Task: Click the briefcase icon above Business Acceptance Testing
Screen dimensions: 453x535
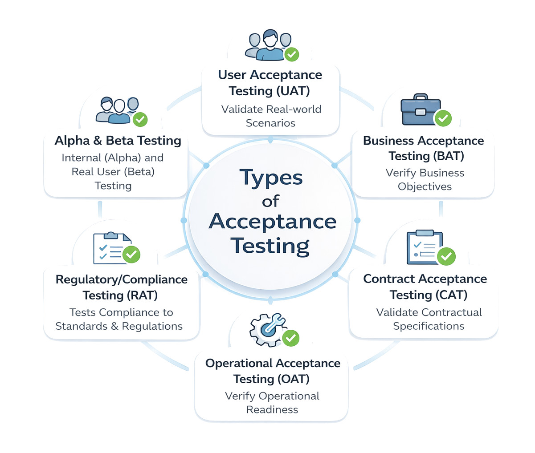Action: click(420, 109)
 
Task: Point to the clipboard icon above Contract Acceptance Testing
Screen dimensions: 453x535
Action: click(425, 247)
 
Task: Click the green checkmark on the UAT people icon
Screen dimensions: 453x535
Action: click(292, 54)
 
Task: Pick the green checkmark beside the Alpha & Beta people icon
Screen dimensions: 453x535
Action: click(140, 119)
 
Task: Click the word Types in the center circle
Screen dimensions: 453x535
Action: click(271, 177)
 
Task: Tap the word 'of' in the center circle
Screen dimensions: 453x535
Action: click(270, 201)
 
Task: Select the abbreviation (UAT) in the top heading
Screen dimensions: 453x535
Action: click(293, 91)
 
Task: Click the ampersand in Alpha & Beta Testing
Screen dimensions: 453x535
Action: click(98, 141)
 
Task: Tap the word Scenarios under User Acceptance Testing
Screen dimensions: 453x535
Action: click(270, 123)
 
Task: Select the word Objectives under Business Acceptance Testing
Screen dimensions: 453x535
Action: click(425, 186)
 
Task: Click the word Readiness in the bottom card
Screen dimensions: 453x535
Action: click(272, 409)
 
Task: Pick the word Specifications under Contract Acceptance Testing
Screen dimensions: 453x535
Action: click(429, 326)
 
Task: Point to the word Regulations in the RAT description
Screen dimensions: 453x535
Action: click(152, 326)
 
